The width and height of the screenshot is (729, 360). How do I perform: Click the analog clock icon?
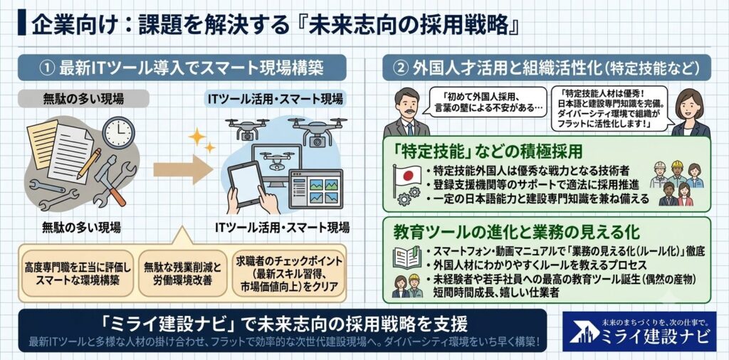click(119, 132)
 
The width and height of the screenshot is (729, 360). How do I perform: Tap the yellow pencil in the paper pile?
click(89, 164)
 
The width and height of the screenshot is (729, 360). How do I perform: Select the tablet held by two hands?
click(246, 184)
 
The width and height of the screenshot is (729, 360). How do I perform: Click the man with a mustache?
click(406, 112)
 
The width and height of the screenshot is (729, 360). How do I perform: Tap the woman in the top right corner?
click(690, 113)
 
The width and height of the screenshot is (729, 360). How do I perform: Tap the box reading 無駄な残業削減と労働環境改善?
click(182, 274)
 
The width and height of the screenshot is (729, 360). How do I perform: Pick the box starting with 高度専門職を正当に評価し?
click(78, 274)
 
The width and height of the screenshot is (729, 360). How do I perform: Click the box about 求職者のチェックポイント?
click(289, 274)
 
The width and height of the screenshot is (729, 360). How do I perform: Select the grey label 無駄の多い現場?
click(83, 98)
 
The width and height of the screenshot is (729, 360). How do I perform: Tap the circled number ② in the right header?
click(400, 68)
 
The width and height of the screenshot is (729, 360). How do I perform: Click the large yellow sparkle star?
click(196, 137)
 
